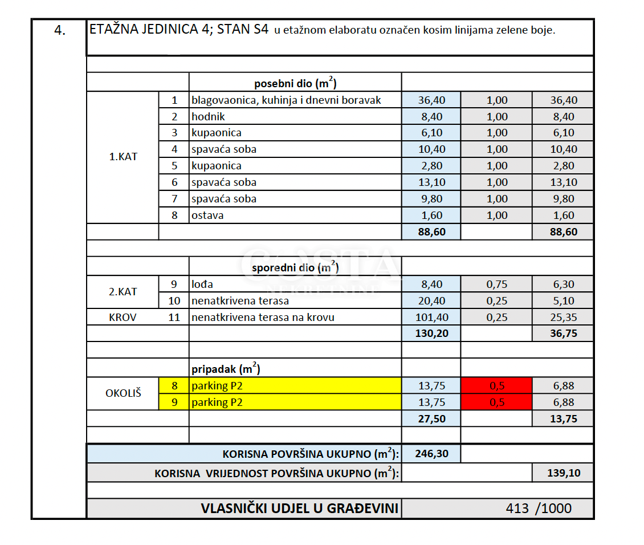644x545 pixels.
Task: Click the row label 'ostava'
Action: point(207,215)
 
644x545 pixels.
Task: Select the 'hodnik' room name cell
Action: point(209,117)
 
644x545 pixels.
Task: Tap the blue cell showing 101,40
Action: point(431,318)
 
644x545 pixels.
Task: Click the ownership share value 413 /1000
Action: point(538,509)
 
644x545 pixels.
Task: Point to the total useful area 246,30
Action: point(431,454)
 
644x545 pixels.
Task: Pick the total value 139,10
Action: point(562,473)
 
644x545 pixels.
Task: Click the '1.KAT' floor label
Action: point(123,157)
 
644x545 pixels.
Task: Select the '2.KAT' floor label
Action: point(123,292)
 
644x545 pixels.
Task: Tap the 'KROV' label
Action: point(123,318)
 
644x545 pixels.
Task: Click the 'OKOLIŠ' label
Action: point(123,393)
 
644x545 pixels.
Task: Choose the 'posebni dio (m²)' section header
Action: point(295,83)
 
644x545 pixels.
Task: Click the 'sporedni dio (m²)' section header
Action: point(295,267)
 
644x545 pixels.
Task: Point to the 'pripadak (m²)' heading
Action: point(226,369)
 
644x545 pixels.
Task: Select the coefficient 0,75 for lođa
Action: point(497,284)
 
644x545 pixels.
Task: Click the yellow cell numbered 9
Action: point(175,402)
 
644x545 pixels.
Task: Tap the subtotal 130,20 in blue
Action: point(431,333)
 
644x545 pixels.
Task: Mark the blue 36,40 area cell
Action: point(431,100)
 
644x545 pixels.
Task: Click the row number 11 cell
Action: point(175,318)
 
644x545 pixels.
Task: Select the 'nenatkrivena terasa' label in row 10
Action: point(240,301)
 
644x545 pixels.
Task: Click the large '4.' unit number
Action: point(60,31)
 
